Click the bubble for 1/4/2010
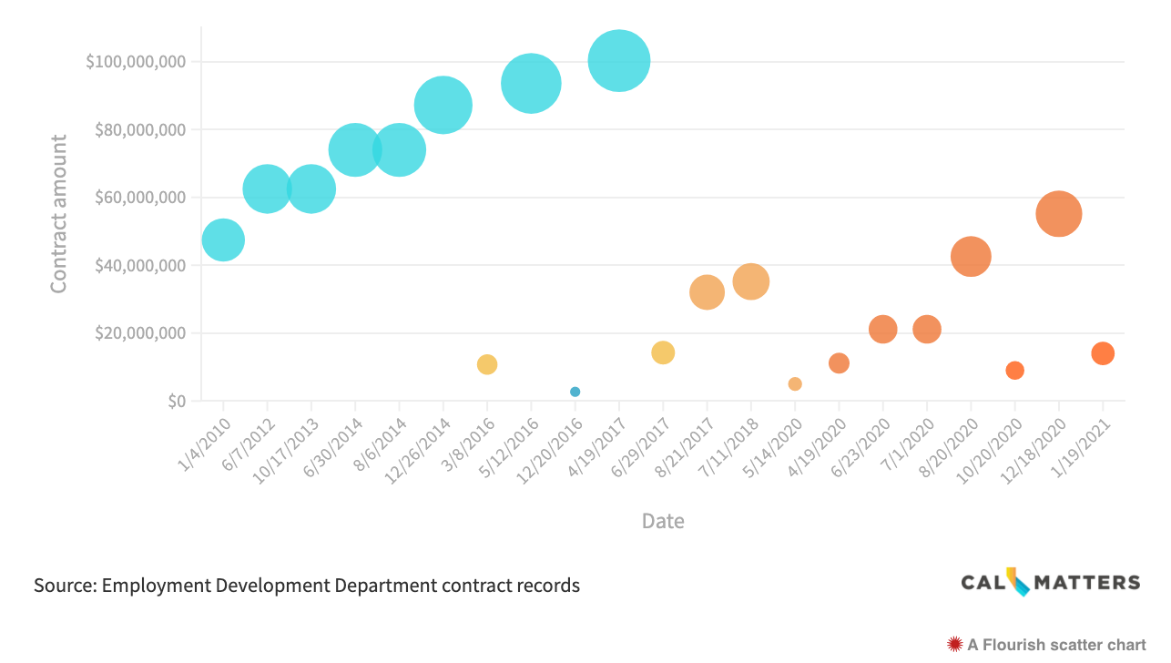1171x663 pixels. [223, 240]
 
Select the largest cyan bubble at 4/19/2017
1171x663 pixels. [619, 61]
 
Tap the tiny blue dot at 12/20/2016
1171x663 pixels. [575, 392]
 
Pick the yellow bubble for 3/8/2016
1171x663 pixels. [487, 364]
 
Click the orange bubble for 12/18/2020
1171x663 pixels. [1058, 214]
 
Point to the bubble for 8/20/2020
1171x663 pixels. [971, 256]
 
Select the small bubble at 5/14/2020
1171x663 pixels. [795, 383]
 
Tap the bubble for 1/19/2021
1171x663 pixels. [1103, 353]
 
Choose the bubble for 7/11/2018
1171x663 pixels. [751, 281]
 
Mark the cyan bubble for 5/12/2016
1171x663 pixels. [531, 84]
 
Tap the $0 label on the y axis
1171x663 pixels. [176, 401]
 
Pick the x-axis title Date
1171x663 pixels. [663, 521]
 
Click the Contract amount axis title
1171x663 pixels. [59, 214]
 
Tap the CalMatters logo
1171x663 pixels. [1050, 582]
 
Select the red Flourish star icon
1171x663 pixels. [955, 645]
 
